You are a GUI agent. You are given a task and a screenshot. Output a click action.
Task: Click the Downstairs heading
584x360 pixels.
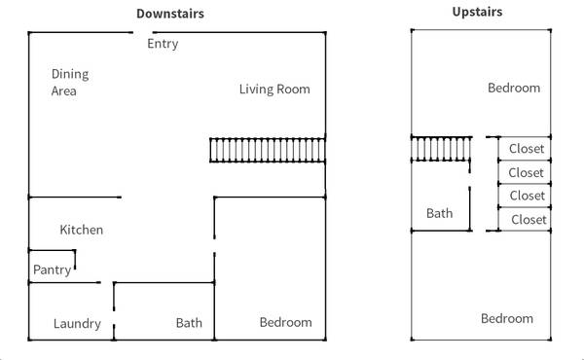pos(170,14)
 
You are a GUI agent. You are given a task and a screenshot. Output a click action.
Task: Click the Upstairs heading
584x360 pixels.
pos(477,12)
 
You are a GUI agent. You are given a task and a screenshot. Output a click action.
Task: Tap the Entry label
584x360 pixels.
pos(163,44)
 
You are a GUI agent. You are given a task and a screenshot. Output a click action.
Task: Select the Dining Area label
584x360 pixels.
pos(70,83)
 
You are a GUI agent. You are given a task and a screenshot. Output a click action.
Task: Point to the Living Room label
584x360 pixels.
pos(274,90)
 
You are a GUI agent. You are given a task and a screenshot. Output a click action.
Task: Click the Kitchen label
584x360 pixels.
pos(81,230)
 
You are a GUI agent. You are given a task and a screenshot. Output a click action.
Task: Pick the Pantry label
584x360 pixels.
pos(53,270)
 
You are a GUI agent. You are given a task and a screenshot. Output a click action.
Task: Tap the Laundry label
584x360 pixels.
pos(77,324)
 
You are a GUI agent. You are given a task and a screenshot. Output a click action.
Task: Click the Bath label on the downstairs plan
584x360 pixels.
pos(189,323)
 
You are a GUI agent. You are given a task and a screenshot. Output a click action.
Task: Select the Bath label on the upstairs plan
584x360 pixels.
pos(440,213)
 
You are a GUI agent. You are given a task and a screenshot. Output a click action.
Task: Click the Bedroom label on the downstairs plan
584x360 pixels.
pos(285,322)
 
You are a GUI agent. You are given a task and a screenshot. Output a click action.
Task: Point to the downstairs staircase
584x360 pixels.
pos(268,150)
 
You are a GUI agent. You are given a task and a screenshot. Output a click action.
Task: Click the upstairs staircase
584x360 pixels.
pos(441,149)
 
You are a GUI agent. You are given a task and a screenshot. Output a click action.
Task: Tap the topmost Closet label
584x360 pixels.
pos(527,149)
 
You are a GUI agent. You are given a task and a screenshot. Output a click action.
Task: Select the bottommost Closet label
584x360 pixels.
pos(529,220)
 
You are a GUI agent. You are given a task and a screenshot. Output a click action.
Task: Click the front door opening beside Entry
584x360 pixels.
pos(143,33)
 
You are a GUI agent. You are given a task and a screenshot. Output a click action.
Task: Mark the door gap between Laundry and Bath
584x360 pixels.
pos(114,317)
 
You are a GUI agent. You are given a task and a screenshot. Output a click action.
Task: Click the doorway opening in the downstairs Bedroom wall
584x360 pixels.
pos(214,246)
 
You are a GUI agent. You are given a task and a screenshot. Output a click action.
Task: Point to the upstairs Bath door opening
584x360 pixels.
pos(470,180)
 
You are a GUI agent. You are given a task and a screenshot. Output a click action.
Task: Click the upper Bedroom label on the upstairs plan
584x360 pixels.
pos(514,89)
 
